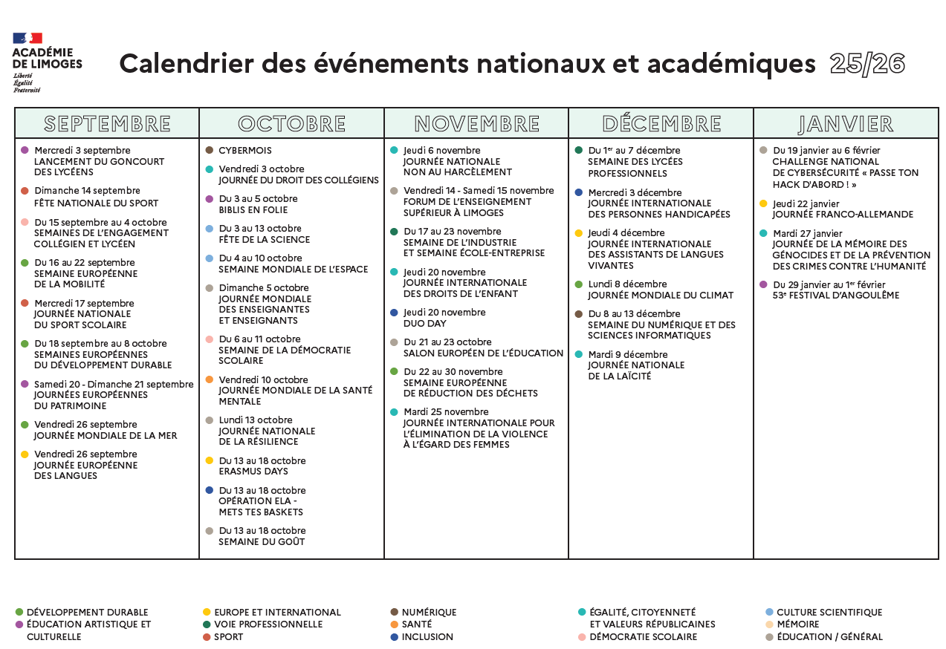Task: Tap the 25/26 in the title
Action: [x=867, y=65]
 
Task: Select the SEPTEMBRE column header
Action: [x=107, y=123]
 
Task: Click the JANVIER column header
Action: [x=846, y=123]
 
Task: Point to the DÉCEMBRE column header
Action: [x=661, y=123]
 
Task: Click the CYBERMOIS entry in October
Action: [x=244, y=151]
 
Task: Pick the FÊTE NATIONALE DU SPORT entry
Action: [x=96, y=203]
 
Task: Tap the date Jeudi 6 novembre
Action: [x=442, y=151]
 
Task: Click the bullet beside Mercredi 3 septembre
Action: [x=25, y=151]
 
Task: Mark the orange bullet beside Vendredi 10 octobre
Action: [x=210, y=379]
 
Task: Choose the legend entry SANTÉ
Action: [x=416, y=624]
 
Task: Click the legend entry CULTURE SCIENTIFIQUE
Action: [x=829, y=613]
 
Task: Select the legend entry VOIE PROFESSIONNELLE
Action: [x=268, y=624]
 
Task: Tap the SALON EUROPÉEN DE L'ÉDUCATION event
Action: [x=483, y=353]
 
